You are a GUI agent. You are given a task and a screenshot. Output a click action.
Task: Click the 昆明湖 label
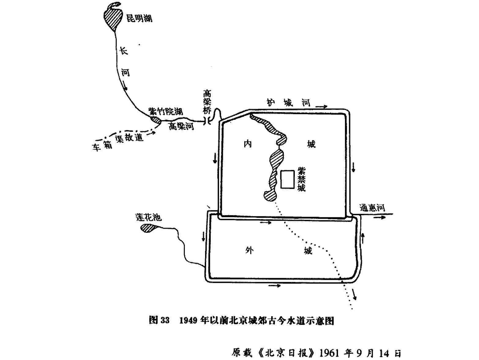tap(139, 18)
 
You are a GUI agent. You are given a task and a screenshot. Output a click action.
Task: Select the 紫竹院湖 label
tap(166, 111)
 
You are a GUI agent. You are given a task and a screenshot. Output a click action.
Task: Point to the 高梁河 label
tap(181, 126)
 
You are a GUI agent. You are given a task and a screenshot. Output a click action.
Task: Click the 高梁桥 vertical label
tap(207, 102)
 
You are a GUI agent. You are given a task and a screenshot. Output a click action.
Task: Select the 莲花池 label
tap(148, 217)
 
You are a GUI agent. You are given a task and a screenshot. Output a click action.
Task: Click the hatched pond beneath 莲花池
tap(148, 228)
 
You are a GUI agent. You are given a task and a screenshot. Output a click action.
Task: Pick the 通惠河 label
tap(372, 208)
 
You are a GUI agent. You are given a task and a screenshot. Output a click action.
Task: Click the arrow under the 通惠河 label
tap(379, 217)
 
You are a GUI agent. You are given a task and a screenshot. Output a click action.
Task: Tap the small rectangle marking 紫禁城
tap(288, 179)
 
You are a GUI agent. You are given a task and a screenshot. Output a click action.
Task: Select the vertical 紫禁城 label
tap(301, 179)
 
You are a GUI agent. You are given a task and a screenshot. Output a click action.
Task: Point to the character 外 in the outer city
tap(249, 251)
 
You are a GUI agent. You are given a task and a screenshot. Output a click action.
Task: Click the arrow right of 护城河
tap(321, 107)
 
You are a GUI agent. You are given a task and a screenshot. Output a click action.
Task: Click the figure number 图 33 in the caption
tap(159, 320)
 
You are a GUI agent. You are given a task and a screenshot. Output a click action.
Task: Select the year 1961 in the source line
tap(329, 353)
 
